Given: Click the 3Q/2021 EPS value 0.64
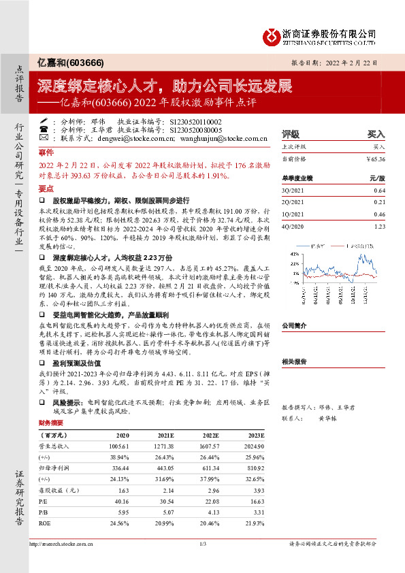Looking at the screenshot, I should click(x=380, y=191).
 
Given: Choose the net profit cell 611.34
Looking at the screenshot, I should click(x=209, y=470).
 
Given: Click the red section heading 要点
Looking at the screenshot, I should click(x=46, y=189).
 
